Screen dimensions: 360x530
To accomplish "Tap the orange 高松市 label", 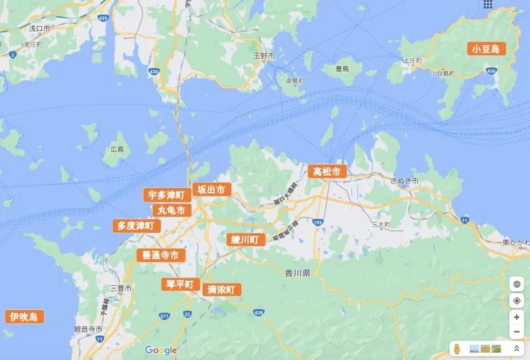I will click(327, 172).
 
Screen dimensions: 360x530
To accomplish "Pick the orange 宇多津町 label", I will click(165, 195).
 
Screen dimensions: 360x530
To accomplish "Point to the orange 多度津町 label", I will click(135, 226).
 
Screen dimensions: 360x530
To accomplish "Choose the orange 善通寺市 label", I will click(160, 255).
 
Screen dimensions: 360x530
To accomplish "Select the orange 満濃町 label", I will click(221, 289).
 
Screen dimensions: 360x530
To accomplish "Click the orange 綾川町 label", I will click(245, 239).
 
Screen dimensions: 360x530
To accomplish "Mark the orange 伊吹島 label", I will click(24, 317).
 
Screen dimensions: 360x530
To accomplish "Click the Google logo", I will click(161, 350).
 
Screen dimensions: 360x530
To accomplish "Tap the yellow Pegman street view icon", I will click(457, 349).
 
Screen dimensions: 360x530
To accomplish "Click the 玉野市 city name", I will click(264, 56).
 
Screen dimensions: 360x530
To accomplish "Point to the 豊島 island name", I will click(342, 69).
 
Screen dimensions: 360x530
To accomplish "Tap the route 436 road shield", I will click(492, 70).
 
